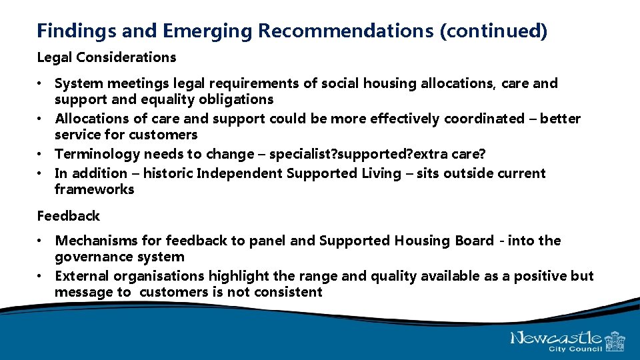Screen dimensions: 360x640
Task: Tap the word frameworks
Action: click(94, 189)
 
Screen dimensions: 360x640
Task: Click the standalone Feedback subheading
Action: click(68, 216)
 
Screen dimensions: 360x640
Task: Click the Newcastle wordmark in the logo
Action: click(556, 338)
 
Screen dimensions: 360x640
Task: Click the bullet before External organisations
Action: click(41, 276)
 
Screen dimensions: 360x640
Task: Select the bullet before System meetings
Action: click(41, 83)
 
